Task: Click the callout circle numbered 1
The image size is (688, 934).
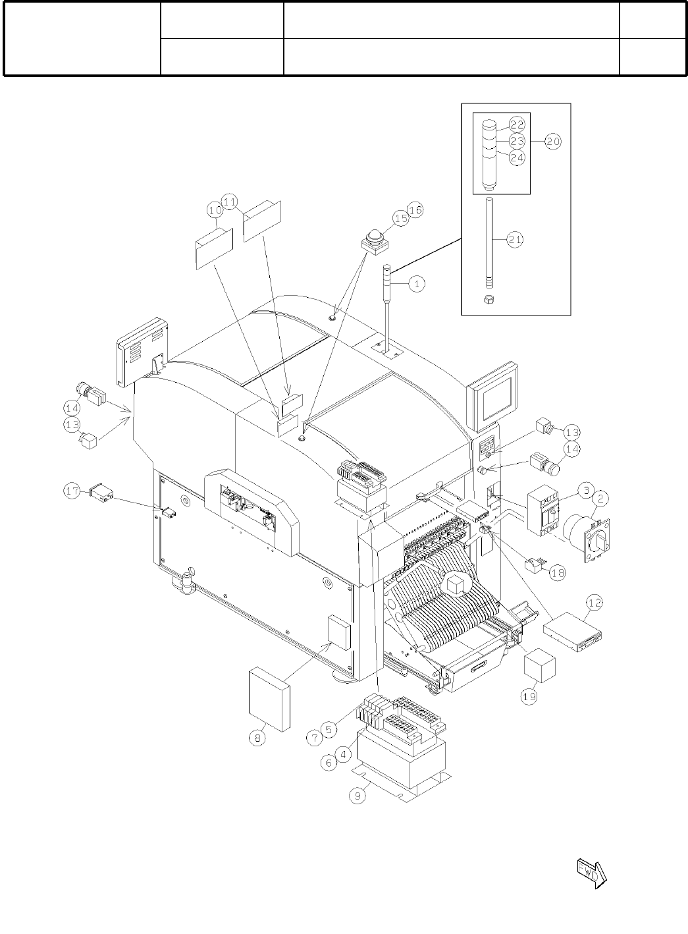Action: point(417,284)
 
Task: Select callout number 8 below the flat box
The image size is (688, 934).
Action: point(258,739)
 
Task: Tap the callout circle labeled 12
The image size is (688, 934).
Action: point(595,602)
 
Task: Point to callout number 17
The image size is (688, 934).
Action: point(72,491)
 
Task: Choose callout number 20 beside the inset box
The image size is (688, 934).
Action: point(552,142)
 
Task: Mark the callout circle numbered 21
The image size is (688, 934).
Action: point(516,241)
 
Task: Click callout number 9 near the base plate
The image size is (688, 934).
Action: point(358,796)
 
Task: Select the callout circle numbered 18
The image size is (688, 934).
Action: point(557,572)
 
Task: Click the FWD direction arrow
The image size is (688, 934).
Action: point(591,873)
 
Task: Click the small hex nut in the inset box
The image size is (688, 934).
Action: point(489,300)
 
